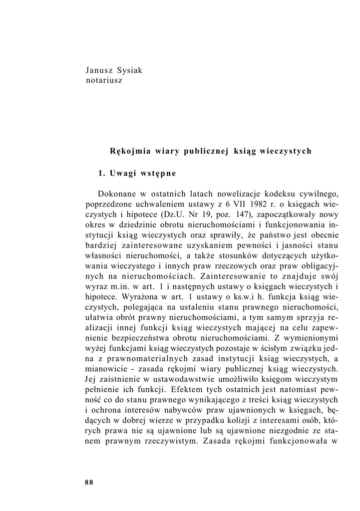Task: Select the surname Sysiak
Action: (129, 70)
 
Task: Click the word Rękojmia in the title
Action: (129, 150)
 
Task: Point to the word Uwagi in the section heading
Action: (123, 174)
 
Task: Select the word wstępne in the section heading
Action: (159, 174)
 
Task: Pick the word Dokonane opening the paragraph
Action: (118, 194)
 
